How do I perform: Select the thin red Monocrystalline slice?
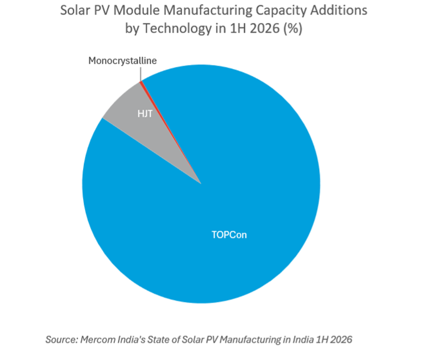(x=157, y=112)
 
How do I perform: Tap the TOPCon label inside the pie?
(x=229, y=235)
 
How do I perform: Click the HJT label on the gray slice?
(x=145, y=114)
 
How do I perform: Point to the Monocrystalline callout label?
(x=123, y=61)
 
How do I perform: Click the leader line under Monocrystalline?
(x=140, y=74)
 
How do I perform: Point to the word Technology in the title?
(x=177, y=29)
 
